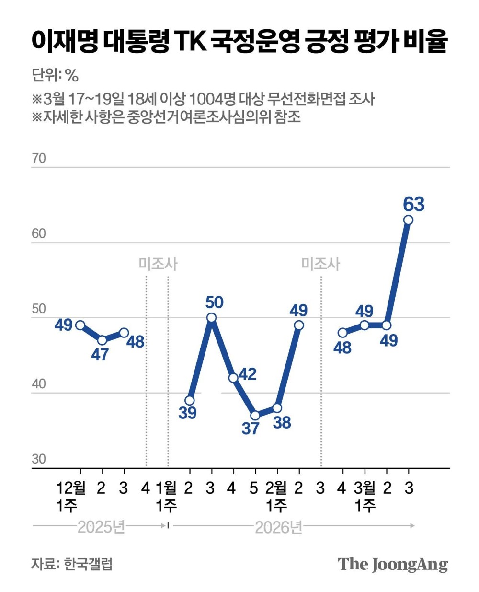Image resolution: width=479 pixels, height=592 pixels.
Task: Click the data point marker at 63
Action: point(408,220)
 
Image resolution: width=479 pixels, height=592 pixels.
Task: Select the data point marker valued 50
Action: point(211,318)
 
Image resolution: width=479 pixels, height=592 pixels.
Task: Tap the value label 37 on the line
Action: point(251,428)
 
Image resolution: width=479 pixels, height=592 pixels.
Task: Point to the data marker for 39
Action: point(190,401)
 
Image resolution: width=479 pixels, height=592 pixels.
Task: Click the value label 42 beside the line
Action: point(247,374)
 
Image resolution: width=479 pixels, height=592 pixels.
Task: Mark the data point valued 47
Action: point(102,340)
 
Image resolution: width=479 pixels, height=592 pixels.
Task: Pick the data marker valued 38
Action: point(277,408)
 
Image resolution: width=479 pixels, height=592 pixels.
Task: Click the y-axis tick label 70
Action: point(39,158)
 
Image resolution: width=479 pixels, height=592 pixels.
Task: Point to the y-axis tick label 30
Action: point(39,459)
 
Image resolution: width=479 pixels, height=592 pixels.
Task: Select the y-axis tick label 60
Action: point(39,233)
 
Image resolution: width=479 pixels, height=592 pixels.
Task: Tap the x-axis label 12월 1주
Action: point(71,497)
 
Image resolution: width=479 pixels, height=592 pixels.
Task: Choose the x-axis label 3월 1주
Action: point(365,497)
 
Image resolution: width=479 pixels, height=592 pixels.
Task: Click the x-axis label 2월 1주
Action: point(276,497)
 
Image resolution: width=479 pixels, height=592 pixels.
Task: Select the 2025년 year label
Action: point(101,527)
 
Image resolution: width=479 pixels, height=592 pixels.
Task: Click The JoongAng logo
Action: point(393,564)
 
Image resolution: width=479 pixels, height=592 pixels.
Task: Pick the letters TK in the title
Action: point(191,42)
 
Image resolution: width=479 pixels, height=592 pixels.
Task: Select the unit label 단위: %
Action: point(55,75)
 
